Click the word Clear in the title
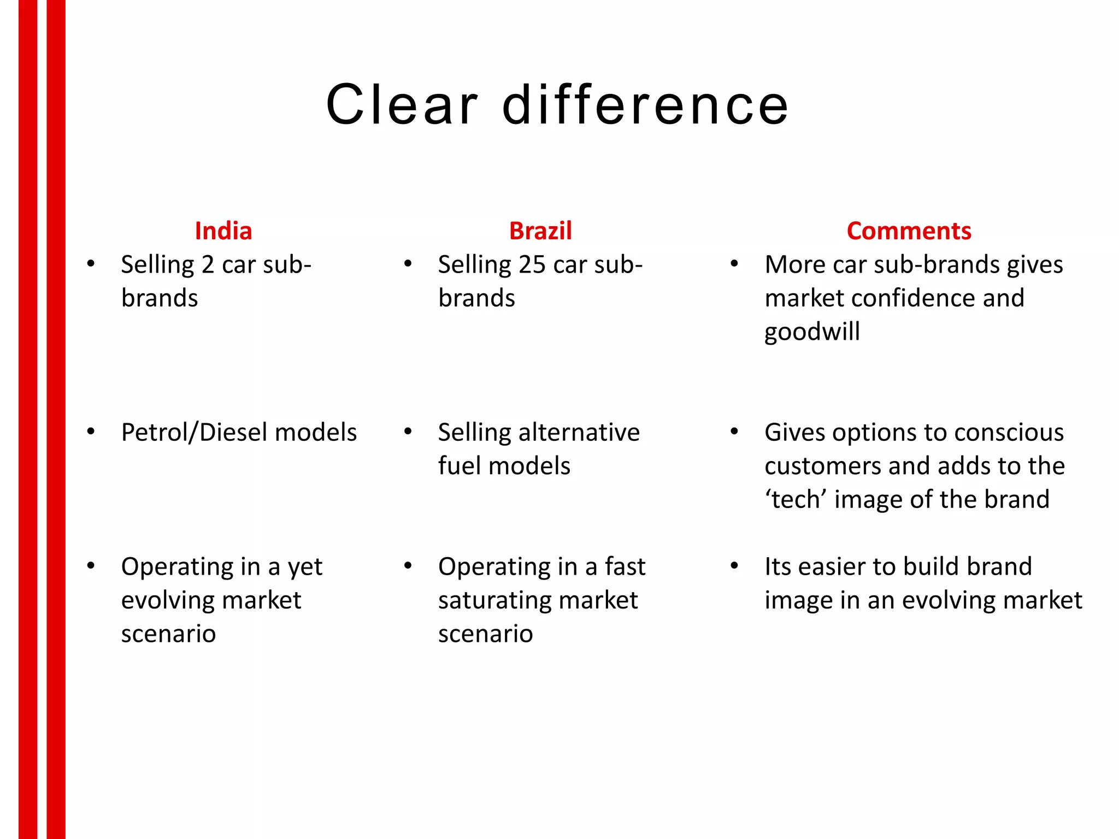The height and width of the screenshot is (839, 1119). (402, 104)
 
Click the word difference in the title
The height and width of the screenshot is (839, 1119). (645, 104)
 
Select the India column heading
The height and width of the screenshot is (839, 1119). (223, 231)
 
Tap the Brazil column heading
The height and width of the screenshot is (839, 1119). (540, 231)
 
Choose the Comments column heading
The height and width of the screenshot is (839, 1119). (909, 231)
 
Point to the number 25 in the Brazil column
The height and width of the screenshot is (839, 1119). (532, 265)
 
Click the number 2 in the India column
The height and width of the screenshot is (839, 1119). (208, 265)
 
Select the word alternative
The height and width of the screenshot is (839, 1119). (579, 433)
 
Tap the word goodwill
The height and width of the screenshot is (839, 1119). (812, 332)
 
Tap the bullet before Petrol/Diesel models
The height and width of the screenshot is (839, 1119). (91, 432)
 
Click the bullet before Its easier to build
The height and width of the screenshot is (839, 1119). (734, 566)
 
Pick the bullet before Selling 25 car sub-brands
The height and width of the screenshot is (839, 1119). (408, 264)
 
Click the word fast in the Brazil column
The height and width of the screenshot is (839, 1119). (625, 567)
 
